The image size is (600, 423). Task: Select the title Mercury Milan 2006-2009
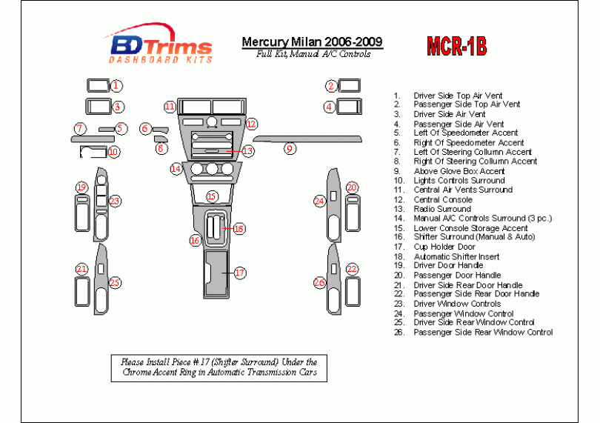click(x=312, y=41)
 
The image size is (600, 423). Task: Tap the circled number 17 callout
click(x=239, y=273)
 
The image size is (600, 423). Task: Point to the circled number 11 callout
click(x=170, y=107)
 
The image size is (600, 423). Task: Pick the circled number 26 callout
click(x=319, y=282)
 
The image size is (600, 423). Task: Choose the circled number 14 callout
click(x=176, y=169)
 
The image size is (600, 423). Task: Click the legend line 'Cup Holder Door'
click(x=444, y=247)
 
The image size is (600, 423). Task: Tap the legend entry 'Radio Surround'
click(x=442, y=209)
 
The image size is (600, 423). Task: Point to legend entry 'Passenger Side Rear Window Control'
click(x=482, y=332)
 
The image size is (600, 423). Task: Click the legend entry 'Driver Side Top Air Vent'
click(x=458, y=96)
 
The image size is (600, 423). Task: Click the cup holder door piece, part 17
click(x=216, y=273)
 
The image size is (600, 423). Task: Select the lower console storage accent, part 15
click(x=212, y=196)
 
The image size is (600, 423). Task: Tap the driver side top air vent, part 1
click(x=98, y=85)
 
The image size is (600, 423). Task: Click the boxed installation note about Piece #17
click(x=219, y=367)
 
